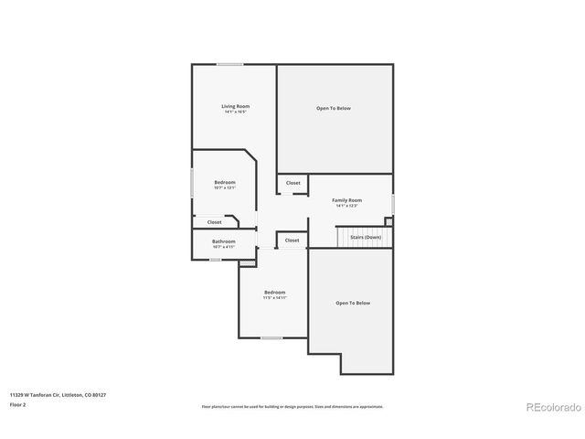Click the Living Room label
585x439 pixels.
click(x=235, y=107)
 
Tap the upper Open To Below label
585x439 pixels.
click(x=334, y=108)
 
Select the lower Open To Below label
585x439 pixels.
click(x=353, y=303)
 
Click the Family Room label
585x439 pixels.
click(x=346, y=200)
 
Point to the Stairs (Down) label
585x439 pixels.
click(x=366, y=237)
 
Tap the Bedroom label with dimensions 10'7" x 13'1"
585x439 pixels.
click(x=225, y=183)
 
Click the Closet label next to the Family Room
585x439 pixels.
click(x=292, y=183)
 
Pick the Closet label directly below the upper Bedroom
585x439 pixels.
click(x=214, y=221)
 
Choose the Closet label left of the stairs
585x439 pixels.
click(x=292, y=240)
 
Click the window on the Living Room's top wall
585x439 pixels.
click(x=229, y=64)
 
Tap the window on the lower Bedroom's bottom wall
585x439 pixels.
click(x=271, y=338)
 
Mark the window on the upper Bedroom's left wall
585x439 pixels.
click(x=192, y=182)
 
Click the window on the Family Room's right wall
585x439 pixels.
click(x=393, y=202)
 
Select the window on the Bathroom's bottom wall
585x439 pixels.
click(x=216, y=260)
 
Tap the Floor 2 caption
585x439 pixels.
click(x=18, y=403)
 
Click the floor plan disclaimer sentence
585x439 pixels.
click(x=292, y=406)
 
